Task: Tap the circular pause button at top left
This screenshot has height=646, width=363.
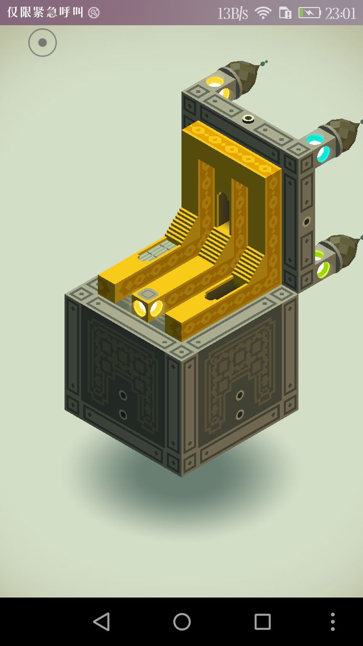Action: pyautogui.click(x=42, y=42)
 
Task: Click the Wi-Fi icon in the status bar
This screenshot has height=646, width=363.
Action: pyautogui.click(x=263, y=13)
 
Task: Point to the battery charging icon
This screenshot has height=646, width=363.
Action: pyautogui.click(x=310, y=13)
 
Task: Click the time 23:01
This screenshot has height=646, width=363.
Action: pyautogui.click(x=340, y=13)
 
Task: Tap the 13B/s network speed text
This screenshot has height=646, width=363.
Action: pyautogui.click(x=232, y=13)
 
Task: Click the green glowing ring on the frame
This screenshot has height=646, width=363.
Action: pyautogui.click(x=322, y=264)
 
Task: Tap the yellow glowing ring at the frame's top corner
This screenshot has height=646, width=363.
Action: pyautogui.click(x=218, y=86)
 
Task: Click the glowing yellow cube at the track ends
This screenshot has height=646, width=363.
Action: pyautogui.click(x=148, y=306)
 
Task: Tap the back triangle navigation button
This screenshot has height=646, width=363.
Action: pyautogui.click(x=101, y=622)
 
